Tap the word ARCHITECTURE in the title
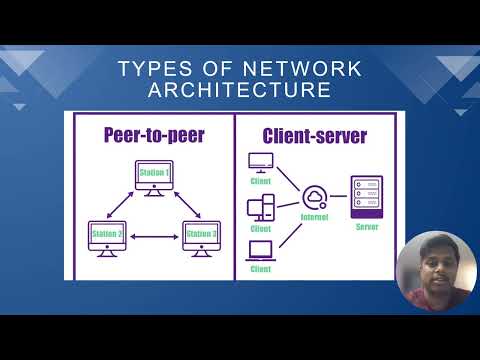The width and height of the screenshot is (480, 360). coord(240,90)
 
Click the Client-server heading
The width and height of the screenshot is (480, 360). coord(315,134)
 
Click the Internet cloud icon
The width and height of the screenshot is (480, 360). coord(317,197)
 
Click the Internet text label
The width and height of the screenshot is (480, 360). coord(317,217)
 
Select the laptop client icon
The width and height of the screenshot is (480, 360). coord(261,250)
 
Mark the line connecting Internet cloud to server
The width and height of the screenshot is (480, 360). coord(340,197)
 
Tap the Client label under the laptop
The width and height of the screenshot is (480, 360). coord(261,268)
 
